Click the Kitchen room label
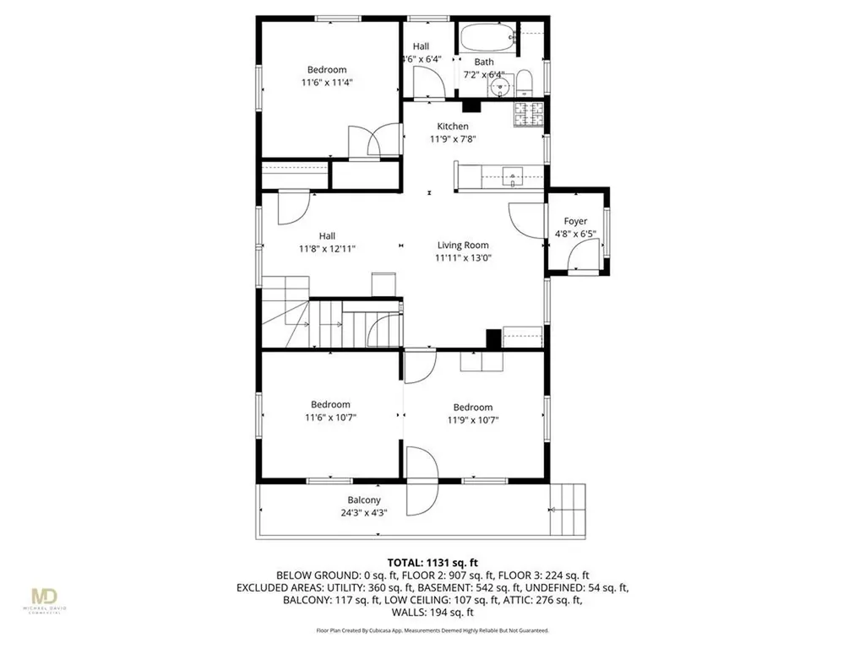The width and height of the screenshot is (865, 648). [452, 127]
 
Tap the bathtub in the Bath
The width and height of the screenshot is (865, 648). [486, 37]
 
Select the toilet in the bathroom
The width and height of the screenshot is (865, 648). [525, 82]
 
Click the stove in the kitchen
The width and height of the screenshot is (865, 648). [529, 113]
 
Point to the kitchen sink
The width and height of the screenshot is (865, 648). [513, 177]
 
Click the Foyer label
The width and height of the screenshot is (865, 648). [575, 221]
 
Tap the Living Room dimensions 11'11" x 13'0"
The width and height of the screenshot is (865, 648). [462, 258]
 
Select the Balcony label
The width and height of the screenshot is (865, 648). [364, 500]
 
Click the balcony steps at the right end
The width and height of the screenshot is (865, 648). [568, 509]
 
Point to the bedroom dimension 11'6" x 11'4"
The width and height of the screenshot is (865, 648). [327, 83]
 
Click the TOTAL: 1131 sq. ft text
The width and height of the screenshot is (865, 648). [432, 562]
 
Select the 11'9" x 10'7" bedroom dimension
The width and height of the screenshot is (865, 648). [472, 419]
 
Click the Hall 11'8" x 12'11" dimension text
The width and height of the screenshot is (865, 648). [327, 249]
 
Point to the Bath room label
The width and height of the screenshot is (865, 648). [484, 62]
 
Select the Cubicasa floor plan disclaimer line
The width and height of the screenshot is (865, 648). [432, 630]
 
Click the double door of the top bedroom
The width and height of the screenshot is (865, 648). [375, 140]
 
